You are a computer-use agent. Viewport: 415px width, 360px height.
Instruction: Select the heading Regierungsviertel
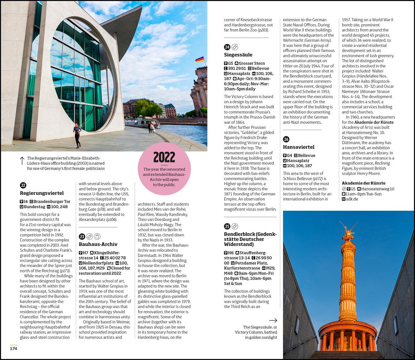point(42,193)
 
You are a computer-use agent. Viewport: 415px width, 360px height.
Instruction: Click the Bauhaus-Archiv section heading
point(98,244)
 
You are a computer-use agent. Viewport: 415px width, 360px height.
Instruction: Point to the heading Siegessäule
point(238,55)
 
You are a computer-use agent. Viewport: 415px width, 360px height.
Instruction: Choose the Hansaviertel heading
point(299,147)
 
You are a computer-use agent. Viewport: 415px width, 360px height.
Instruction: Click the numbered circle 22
point(23,185)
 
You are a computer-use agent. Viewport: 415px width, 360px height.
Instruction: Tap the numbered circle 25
point(227,226)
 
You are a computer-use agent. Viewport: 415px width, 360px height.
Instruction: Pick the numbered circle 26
point(286,139)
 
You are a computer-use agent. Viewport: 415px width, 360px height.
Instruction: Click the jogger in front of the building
point(77,135)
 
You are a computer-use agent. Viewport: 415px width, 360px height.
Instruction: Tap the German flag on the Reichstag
point(200,60)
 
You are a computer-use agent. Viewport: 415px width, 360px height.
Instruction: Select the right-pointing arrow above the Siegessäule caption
point(273,320)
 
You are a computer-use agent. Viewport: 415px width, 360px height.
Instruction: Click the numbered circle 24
point(227,47)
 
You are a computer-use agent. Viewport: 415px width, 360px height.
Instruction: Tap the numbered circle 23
point(82,236)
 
